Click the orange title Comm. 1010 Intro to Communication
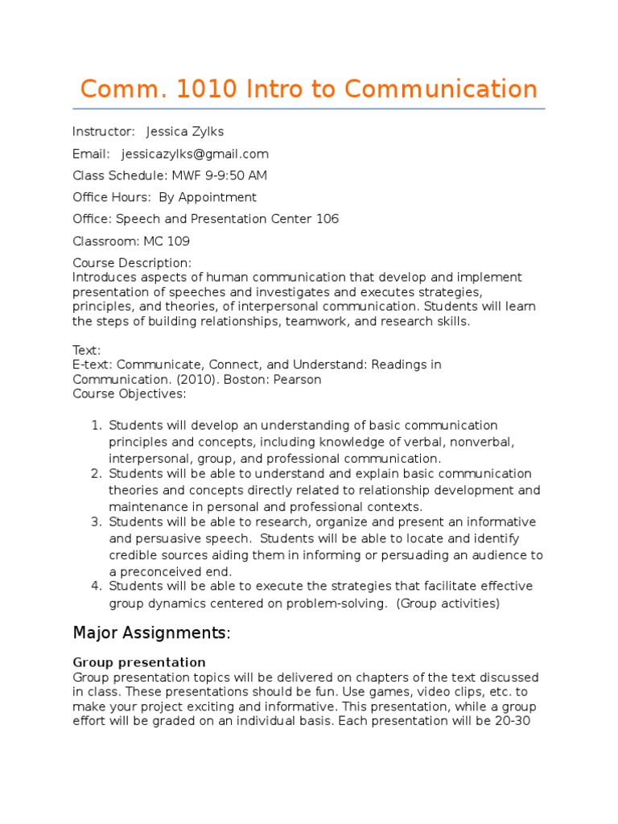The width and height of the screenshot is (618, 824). click(x=309, y=89)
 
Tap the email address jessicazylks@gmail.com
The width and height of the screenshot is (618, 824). click(x=195, y=154)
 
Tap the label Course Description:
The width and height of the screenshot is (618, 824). click(x=132, y=263)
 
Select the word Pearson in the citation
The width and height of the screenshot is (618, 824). click(x=299, y=379)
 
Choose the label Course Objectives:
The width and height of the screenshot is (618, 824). click(x=130, y=393)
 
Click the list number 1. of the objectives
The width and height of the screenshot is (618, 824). click(x=97, y=426)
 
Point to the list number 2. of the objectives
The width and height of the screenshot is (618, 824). click(x=97, y=474)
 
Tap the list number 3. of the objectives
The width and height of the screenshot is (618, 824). click(x=97, y=522)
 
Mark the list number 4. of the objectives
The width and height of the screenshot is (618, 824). click(x=97, y=586)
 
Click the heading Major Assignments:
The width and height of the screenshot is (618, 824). click(x=151, y=633)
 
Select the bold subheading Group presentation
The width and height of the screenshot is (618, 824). click(x=139, y=662)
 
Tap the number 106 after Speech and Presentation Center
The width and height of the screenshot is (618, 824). click(x=328, y=219)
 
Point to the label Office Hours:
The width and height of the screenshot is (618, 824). click(x=110, y=197)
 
